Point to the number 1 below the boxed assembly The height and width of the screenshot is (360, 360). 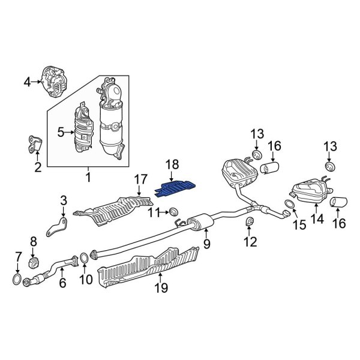(x=88, y=178)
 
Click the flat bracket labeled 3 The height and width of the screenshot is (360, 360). (x=58, y=227)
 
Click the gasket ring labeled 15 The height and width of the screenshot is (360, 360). (x=289, y=208)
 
